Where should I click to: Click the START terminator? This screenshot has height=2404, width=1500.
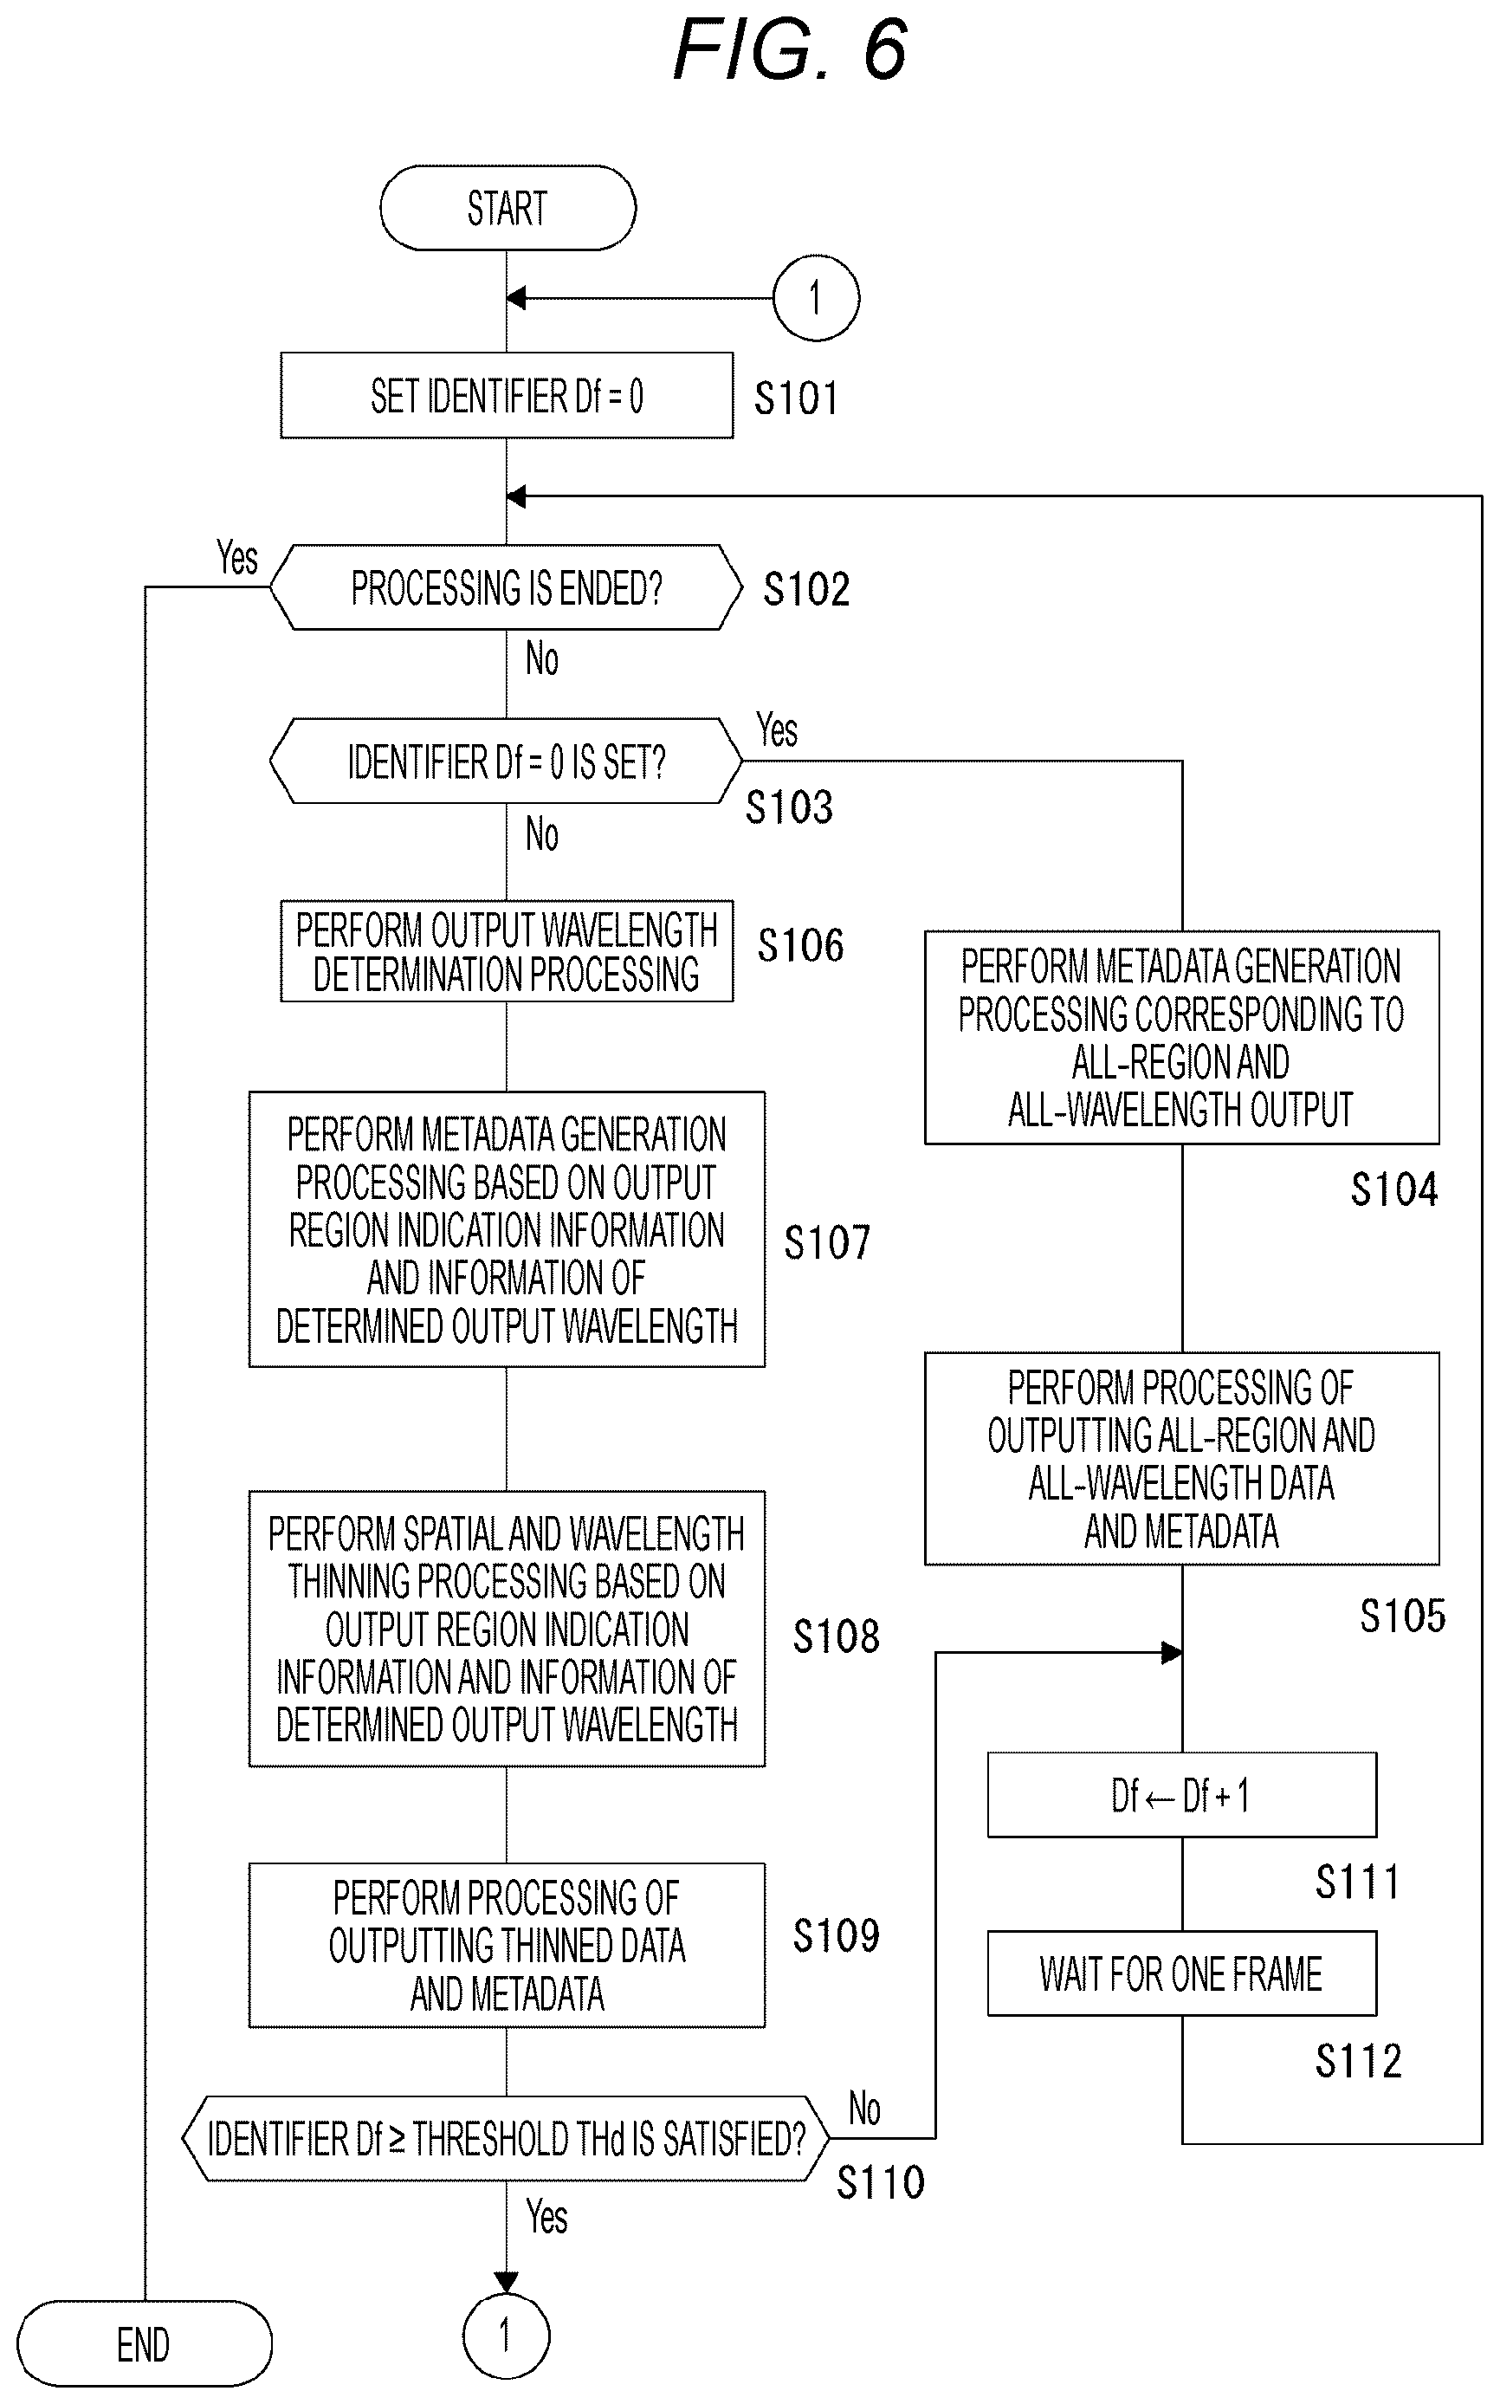507,207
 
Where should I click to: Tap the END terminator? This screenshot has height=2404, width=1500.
144,2343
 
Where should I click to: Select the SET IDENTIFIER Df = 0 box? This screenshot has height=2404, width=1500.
507,395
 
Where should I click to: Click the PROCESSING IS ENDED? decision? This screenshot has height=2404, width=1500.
506,587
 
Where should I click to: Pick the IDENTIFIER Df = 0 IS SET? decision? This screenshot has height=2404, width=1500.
506,761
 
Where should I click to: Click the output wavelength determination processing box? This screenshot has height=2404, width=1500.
507,950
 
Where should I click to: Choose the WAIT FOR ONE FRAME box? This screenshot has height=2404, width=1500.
1181,1973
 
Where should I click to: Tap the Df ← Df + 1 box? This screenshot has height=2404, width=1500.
1181,1795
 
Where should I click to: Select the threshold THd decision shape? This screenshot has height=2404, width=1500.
506,2138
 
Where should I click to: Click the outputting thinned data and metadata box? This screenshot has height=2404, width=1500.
507,1945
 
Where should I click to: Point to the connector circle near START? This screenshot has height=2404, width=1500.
816,298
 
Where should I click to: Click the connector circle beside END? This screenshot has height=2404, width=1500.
506,2336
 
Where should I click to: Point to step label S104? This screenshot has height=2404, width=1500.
1393,1189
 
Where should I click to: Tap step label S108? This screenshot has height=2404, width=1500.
836,1636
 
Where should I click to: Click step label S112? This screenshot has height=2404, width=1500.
1358,2061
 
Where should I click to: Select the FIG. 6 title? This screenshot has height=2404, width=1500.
791,49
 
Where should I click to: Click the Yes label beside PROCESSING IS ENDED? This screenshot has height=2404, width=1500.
237,558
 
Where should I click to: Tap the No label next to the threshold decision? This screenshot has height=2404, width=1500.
864,2109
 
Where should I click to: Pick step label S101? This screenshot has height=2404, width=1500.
796,399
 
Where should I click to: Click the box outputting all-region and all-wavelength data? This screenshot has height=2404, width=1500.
1181,1459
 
